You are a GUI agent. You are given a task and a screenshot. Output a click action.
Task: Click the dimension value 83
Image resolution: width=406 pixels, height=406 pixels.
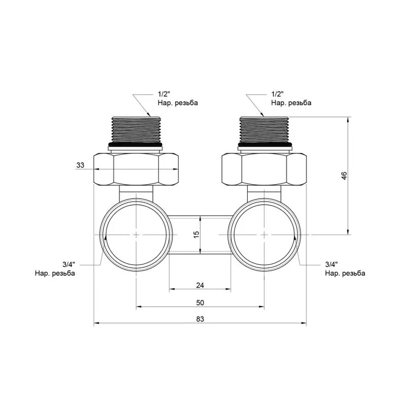click(x=200, y=319)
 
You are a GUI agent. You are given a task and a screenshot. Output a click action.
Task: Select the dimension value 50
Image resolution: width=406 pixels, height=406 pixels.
click(x=200, y=302)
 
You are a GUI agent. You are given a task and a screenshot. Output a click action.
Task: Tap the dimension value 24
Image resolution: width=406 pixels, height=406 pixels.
click(x=200, y=285)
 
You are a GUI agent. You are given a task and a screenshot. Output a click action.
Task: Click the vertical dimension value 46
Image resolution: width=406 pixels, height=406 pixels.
click(x=344, y=176)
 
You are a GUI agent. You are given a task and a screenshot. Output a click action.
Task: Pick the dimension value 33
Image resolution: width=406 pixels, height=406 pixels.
click(x=80, y=166)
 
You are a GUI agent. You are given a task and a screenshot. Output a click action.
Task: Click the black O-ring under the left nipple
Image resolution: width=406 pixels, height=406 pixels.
click(x=136, y=146)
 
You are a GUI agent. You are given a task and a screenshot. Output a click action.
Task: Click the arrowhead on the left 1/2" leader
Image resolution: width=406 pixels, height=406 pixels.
click(x=151, y=115)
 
